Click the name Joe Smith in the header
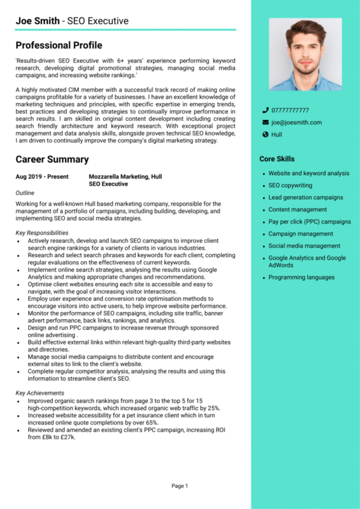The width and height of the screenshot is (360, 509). pyautogui.click(x=38, y=21)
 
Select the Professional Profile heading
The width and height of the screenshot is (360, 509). pyautogui.click(x=59, y=46)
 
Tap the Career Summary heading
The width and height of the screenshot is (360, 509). pyautogui.click(x=52, y=159)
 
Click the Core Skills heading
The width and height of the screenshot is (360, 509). pyautogui.click(x=277, y=159)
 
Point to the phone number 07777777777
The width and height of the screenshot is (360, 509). pyautogui.click(x=290, y=110)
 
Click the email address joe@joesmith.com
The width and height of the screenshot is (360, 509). pyautogui.click(x=296, y=122)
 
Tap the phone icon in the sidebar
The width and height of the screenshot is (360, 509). pyautogui.click(x=265, y=110)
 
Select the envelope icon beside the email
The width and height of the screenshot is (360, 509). pyautogui.click(x=265, y=122)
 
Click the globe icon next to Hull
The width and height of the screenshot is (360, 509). pyautogui.click(x=265, y=135)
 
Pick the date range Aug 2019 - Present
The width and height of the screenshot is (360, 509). pyautogui.click(x=42, y=177)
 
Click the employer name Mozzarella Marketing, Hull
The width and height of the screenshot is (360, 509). pyautogui.click(x=125, y=177)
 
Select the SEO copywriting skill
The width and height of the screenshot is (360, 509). pyautogui.click(x=290, y=186)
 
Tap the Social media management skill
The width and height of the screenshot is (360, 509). pyautogui.click(x=304, y=246)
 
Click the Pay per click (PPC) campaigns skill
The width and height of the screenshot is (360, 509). pyautogui.click(x=310, y=222)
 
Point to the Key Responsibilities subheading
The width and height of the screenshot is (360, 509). pyautogui.click(x=42, y=233)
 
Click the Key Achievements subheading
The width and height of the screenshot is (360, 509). pyautogui.click(x=40, y=393)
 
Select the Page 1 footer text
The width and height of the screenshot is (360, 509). pyautogui.click(x=179, y=486)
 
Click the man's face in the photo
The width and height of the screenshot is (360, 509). pyautogui.click(x=305, y=48)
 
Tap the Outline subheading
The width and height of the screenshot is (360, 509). pyautogui.click(x=25, y=193)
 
